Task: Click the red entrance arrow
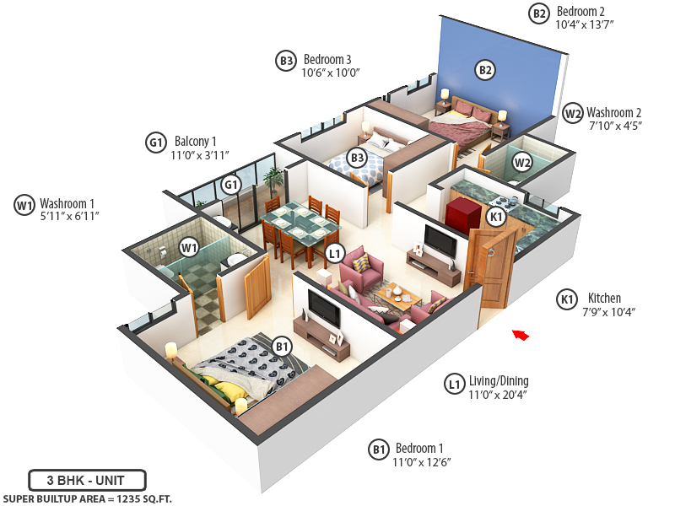(x=521, y=335)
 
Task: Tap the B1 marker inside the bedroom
(x=282, y=345)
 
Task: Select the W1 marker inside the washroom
(x=188, y=247)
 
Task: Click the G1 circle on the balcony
(x=231, y=185)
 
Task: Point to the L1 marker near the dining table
(x=335, y=252)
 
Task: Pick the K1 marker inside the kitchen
(x=496, y=217)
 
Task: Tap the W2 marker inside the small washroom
(x=522, y=163)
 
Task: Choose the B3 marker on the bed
(x=357, y=158)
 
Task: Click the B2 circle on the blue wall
(x=485, y=70)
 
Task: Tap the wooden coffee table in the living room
(x=397, y=294)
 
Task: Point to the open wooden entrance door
(x=495, y=270)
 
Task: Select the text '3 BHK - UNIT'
(x=87, y=480)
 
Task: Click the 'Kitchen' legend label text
(x=603, y=299)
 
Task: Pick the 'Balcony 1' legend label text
(x=196, y=142)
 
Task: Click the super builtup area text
(x=87, y=498)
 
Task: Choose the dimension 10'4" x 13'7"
(x=584, y=24)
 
